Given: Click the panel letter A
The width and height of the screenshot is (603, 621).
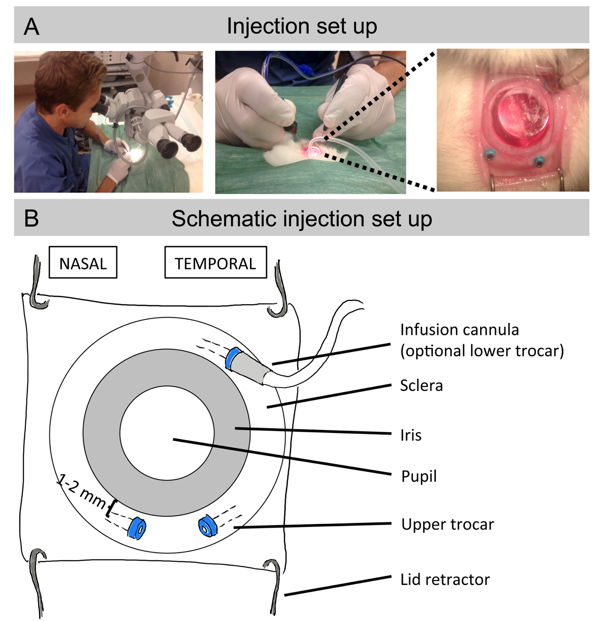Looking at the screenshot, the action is pyautogui.click(x=31, y=27).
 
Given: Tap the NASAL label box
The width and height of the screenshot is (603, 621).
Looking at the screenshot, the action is pyautogui.click(x=83, y=262).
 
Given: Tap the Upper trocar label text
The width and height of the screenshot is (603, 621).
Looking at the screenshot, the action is pyautogui.click(x=447, y=524).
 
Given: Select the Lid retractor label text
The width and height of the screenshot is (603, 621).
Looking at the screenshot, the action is pyautogui.click(x=445, y=579).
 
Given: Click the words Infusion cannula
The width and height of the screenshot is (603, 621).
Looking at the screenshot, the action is pyautogui.click(x=460, y=330).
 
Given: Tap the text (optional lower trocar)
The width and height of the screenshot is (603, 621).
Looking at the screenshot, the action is pyautogui.click(x=482, y=351).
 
